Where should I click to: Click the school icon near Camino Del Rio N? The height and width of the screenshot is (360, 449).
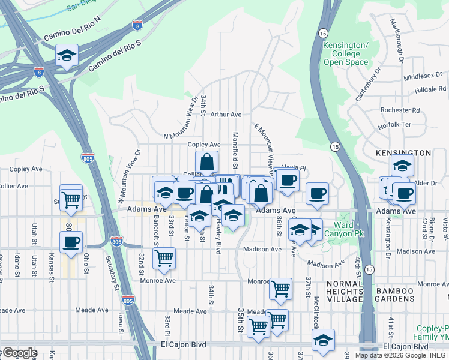tap(67, 55)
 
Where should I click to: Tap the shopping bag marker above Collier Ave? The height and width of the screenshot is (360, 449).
tap(206, 162)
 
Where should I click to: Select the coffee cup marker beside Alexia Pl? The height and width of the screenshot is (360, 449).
tap(287, 179)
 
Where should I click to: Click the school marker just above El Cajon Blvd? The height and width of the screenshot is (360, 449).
tap(323, 339)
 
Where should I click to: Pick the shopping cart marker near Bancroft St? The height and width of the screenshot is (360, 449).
tap(164, 259)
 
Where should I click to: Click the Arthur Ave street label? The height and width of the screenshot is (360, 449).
tap(225, 114)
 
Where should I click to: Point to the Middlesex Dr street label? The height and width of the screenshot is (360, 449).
tap(425, 77)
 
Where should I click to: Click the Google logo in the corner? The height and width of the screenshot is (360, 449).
tap(19, 352)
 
